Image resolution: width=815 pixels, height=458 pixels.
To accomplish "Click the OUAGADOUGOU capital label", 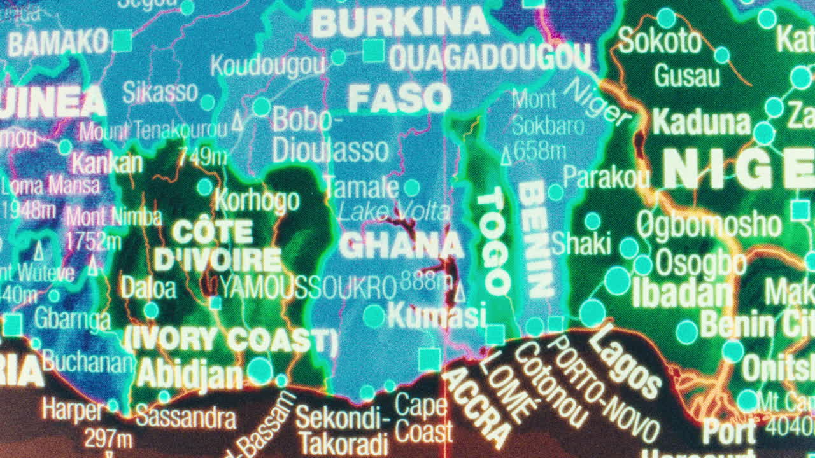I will coord(489,58).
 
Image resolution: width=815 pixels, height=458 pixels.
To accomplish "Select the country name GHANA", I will coord(401,246).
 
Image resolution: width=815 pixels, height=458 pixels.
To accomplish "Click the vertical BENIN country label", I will coord(535,239).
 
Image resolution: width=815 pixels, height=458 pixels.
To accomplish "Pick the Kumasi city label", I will coord(436,315).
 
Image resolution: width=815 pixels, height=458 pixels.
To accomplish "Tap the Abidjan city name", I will coord(189,373).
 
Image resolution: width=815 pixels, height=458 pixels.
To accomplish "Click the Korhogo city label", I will coord(257,200).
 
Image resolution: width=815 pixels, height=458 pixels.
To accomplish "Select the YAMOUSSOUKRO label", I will coord(308,288).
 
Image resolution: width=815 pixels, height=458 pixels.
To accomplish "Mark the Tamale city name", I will coord(361,187).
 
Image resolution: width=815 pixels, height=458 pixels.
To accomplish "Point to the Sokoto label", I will coord(659,41).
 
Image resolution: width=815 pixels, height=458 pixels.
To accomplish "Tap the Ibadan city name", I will coord(682,293).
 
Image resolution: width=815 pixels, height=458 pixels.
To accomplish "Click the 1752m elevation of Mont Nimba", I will coord(94,241).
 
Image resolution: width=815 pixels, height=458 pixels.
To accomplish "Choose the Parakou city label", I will coord(606,177).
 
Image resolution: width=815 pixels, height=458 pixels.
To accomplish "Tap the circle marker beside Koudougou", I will coord(338,57).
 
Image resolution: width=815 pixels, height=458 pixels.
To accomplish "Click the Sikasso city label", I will coord(160,92).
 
